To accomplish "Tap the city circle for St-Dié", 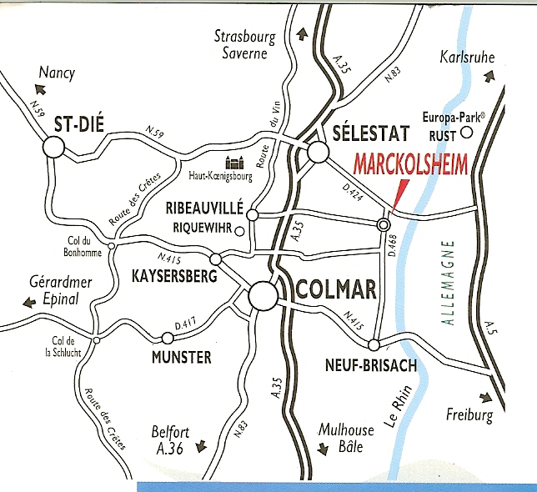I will click(53, 148).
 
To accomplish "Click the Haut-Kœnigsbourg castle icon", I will click(233, 165).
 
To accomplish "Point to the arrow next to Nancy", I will click(38, 87).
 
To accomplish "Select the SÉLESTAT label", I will click(369, 133).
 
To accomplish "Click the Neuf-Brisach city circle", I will click(374, 345).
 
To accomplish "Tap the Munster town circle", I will click(168, 338).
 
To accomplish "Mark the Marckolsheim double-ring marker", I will click(384, 224).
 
